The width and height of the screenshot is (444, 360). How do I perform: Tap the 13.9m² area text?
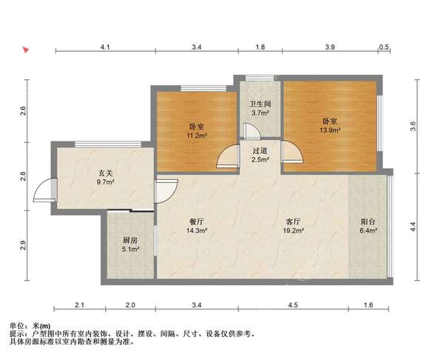tap(330, 130)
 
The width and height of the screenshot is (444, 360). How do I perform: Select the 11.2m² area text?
tap(197, 136)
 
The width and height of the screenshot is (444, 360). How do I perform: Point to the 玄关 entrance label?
tap(105, 172)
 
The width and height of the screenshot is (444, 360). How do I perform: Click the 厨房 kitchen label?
tap(130, 240)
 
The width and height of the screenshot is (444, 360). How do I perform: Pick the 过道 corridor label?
tap(259, 151)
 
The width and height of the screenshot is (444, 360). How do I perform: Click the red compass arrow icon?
tap(25, 50)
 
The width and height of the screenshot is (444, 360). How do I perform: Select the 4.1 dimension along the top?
tap(105, 47)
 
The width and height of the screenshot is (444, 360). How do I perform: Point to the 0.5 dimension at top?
tap(384, 47)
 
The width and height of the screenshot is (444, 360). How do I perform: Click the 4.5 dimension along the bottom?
tap(293, 304)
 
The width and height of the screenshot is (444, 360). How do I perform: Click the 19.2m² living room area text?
tap(293, 230)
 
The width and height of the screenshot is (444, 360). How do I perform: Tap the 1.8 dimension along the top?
tap(260, 47)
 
